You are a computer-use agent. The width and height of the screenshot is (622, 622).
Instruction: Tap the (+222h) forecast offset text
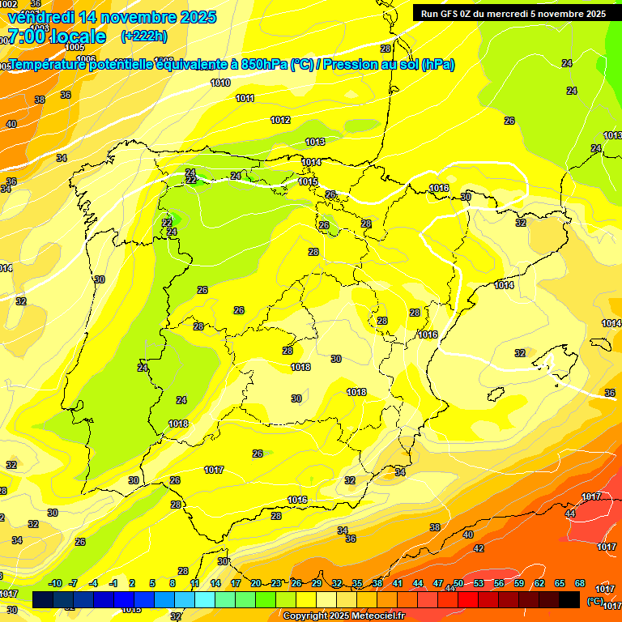(x=143, y=36)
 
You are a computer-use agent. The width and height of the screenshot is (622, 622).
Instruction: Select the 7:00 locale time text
(x=56, y=36)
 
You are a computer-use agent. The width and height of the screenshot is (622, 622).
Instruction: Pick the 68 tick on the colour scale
(x=580, y=583)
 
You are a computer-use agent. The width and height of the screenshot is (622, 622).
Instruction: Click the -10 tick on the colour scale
(x=55, y=583)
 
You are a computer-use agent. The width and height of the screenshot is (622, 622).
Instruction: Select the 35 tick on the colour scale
(x=357, y=583)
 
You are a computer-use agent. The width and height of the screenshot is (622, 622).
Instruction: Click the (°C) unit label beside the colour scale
(x=594, y=601)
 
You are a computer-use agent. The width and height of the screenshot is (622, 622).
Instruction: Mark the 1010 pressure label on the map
(x=220, y=83)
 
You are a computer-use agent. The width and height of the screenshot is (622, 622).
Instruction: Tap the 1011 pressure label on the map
(x=245, y=98)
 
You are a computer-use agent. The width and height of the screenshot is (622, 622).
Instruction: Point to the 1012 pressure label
(x=280, y=120)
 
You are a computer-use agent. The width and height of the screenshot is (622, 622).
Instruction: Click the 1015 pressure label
(x=308, y=182)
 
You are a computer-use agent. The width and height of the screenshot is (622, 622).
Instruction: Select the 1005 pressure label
(x=75, y=47)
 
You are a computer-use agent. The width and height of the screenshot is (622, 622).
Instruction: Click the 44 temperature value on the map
(x=570, y=514)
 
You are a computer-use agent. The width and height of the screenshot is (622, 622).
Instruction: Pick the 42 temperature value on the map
(x=478, y=548)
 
